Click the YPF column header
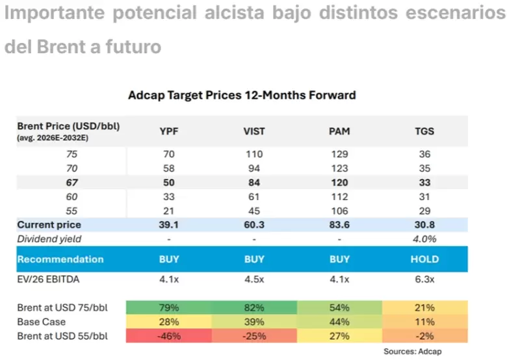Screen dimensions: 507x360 [169, 131]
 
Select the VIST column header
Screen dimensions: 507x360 [254, 131]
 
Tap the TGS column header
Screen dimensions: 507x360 [424, 131]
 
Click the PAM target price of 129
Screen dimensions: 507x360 [339, 154]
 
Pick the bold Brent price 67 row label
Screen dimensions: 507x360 [71, 183]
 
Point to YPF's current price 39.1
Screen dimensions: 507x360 [168, 225]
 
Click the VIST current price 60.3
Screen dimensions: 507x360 [254, 225]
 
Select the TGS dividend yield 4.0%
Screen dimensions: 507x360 [424, 239]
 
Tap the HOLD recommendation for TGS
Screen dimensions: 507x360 [424, 259]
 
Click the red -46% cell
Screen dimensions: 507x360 [169, 336]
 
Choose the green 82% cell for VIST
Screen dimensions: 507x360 [254, 307]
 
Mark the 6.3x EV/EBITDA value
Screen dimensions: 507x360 [424, 279]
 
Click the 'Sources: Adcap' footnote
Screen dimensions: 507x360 [412, 352]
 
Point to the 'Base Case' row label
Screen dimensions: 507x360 [42, 322]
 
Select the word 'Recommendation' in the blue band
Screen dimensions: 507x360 [60, 259]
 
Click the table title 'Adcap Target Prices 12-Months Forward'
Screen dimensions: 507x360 [242, 96]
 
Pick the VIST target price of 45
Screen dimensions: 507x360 [254, 211]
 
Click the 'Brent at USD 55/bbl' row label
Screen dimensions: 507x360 [62, 336]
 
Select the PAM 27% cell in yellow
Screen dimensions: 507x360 [339, 336]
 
